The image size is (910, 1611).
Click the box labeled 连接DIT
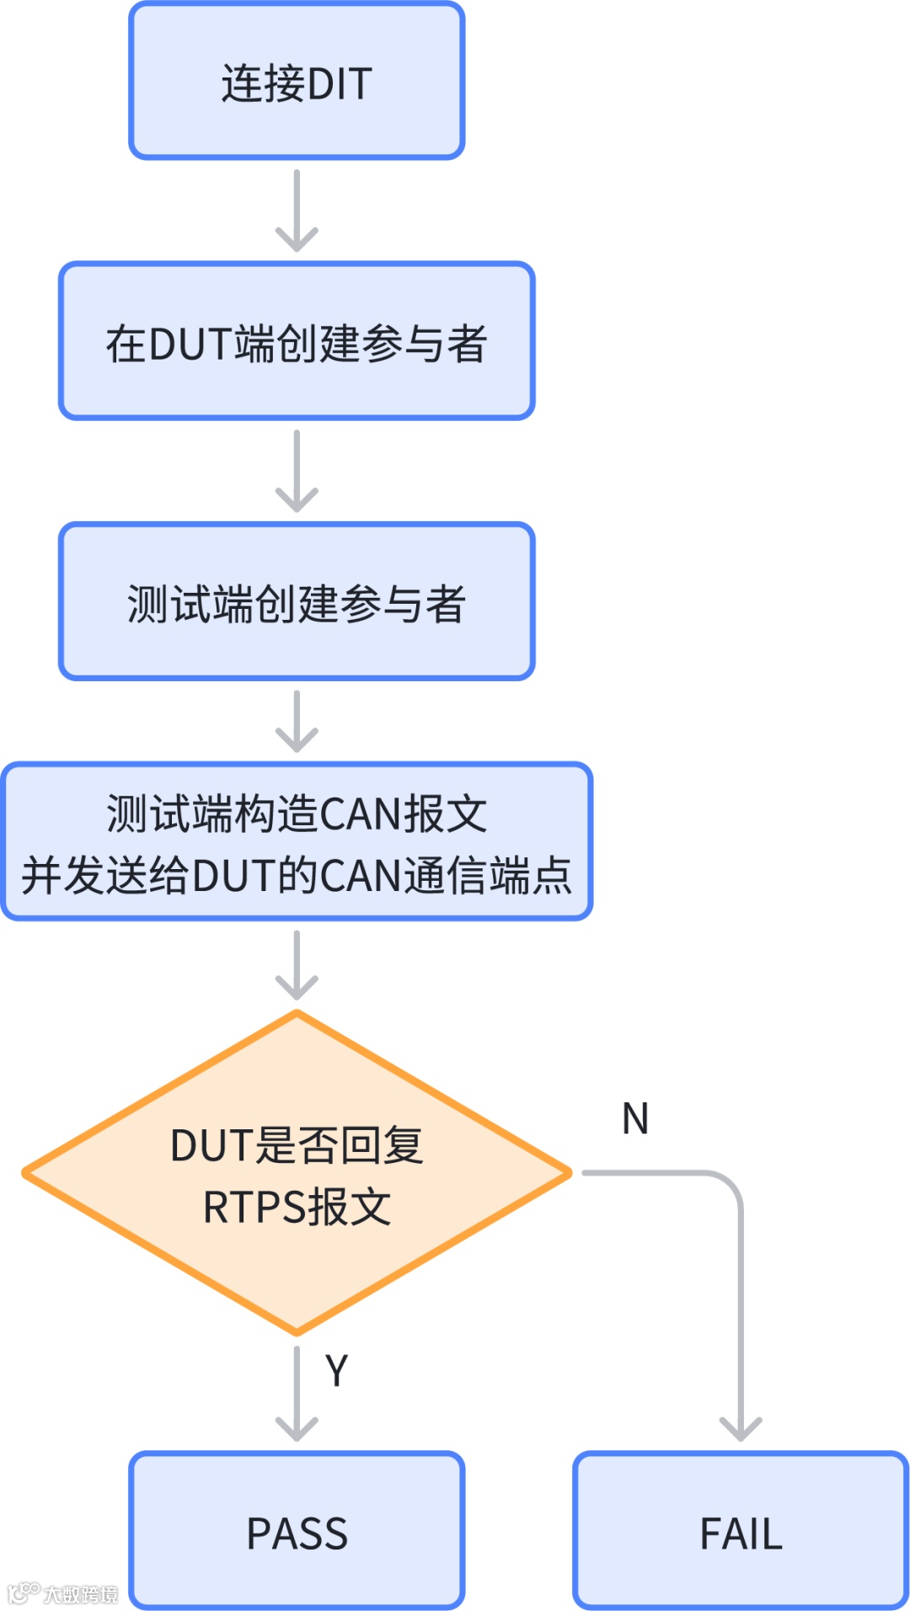click(x=297, y=81)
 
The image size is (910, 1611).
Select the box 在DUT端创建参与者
click(x=297, y=341)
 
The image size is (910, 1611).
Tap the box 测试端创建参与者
click(x=297, y=601)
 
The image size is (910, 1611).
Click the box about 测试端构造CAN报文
click(x=297, y=841)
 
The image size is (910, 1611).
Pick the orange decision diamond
click(x=297, y=1173)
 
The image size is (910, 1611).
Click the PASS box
click(x=297, y=1530)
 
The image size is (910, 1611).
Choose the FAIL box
click(x=741, y=1530)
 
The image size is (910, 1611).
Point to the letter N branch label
click(x=635, y=1119)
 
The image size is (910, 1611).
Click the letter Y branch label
click(x=336, y=1371)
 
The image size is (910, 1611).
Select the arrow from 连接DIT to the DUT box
click(x=297, y=211)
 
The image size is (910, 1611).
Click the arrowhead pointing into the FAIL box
click(x=741, y=1427)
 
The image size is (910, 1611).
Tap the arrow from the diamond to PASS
click(x=297, y=1394)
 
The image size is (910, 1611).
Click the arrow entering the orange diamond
click(x=297, y=964)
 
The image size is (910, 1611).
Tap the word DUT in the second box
click(x=190, y=344)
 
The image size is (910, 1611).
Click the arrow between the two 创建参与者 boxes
click(x=297, y=471)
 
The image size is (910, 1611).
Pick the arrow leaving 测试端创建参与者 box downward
click(x=297, y=721)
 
